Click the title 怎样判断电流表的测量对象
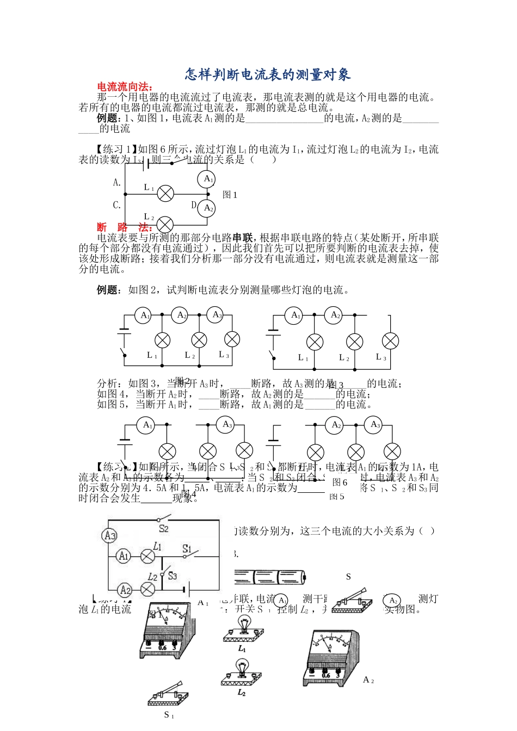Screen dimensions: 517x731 268,74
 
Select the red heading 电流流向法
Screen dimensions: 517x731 125,87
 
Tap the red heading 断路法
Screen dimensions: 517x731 125,227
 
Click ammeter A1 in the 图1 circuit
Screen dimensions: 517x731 207,179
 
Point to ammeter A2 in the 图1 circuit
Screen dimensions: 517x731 207,208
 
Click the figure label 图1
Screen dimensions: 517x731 230,195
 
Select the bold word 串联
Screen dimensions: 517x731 243,238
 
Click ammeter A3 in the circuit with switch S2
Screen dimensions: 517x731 110,536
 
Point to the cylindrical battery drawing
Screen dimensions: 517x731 270,577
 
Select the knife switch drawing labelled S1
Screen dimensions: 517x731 168,694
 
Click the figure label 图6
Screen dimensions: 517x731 340,482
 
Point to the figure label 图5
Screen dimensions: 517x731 337,497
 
